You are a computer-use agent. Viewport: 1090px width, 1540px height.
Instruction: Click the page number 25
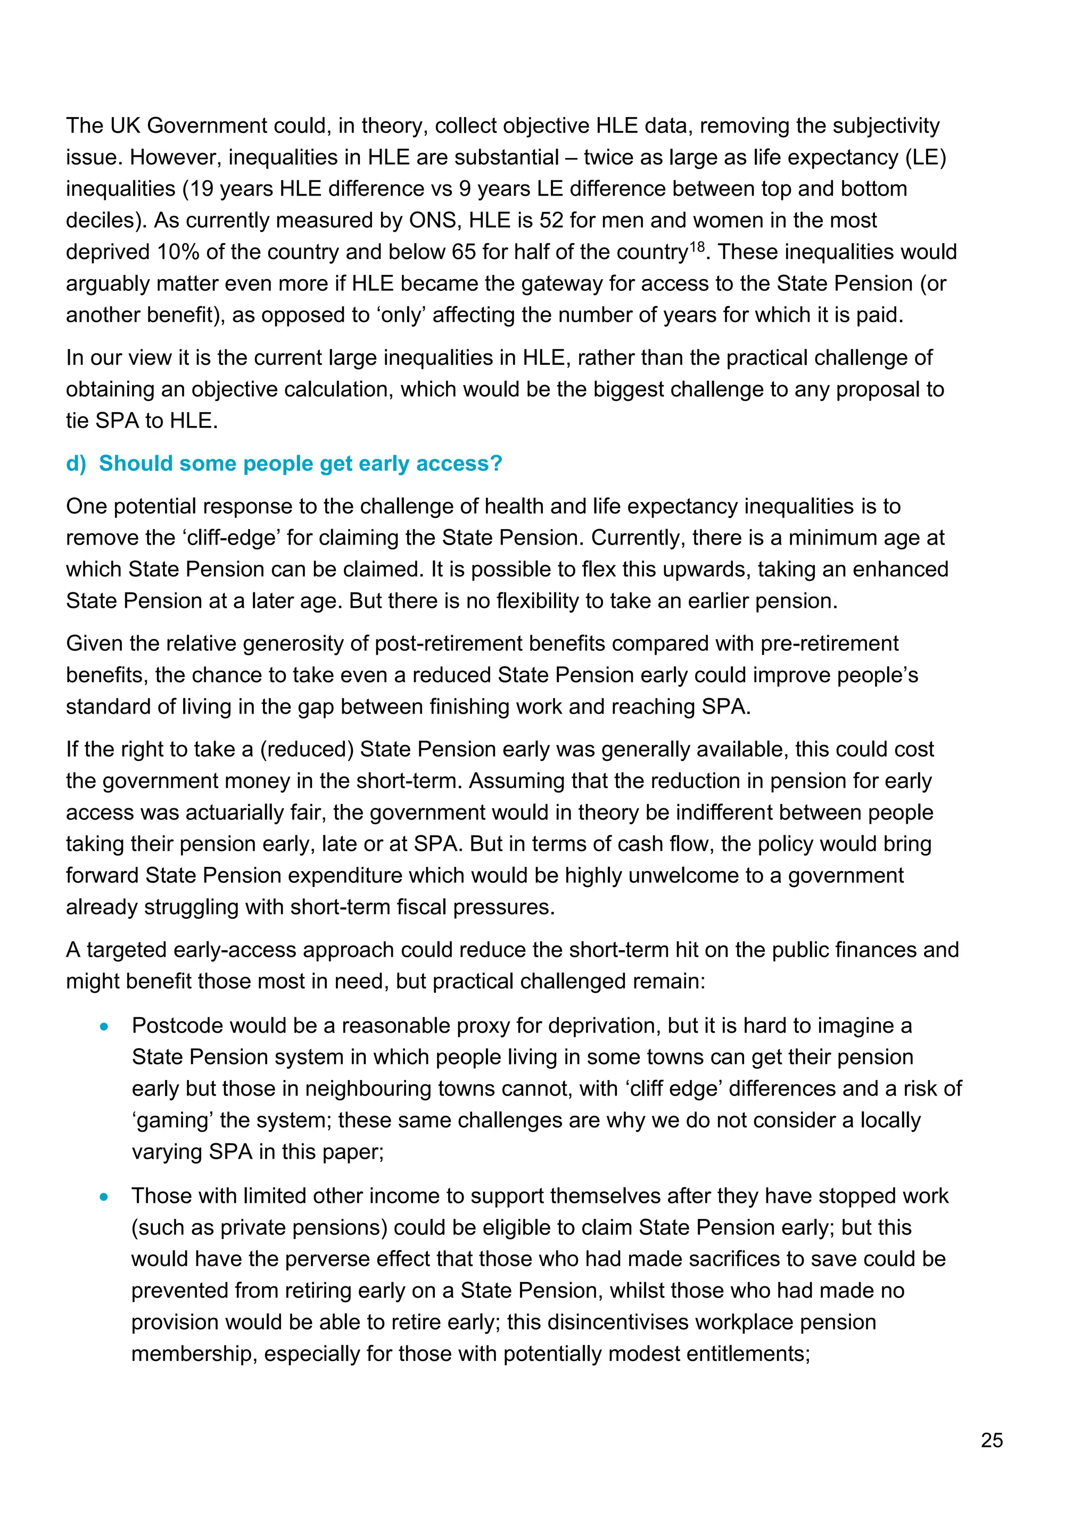tap(992, 1440)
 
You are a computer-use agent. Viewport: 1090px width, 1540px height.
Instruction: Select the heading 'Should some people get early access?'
tap(300, 464)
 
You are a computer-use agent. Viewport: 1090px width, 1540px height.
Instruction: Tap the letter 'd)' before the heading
tap(76, 464)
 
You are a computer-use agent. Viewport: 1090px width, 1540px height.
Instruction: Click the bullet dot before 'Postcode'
tap(104, 1026)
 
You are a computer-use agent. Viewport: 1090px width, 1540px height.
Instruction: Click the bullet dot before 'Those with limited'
tap(104, 1196)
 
